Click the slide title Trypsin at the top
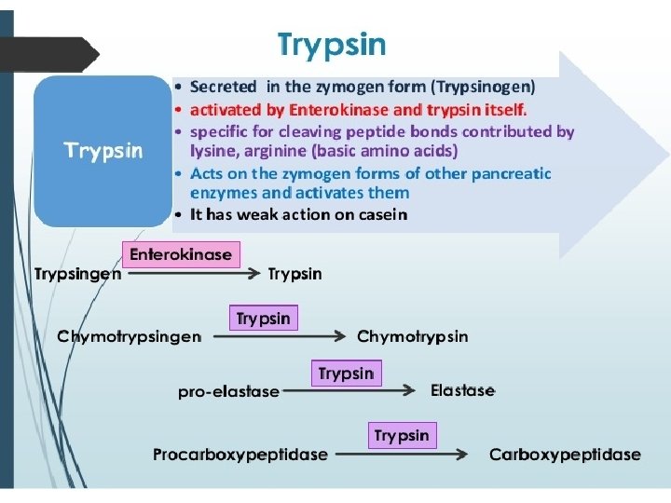click(x=332, y=44)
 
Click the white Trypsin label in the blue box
click(x=103, y=150)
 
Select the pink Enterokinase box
click(x=181, y=254)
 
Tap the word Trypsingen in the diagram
click(x=77, y=274)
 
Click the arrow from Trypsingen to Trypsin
click(x=192, y=274)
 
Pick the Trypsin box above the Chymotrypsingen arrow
click(x=263, y=319)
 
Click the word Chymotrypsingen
click(x=129, y=336)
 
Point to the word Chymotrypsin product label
click(x=413, y=336)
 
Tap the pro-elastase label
click(x=228, y=391)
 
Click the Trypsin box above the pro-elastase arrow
click(x=346, y=374)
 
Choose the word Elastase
click(x=462, y=390)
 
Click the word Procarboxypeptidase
click(x=240, y=455)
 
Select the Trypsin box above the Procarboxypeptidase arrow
click(x=402, y=435)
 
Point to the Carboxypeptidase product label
click(x=565, y=455)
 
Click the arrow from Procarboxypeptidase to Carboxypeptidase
click(x=401, y=455)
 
